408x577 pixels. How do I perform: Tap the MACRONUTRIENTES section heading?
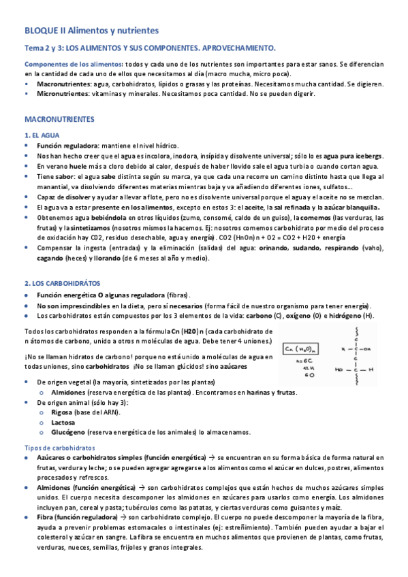pos(60,118)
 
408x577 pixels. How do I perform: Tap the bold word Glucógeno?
pos(68,432)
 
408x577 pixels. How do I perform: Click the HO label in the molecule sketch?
pos(339,369)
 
